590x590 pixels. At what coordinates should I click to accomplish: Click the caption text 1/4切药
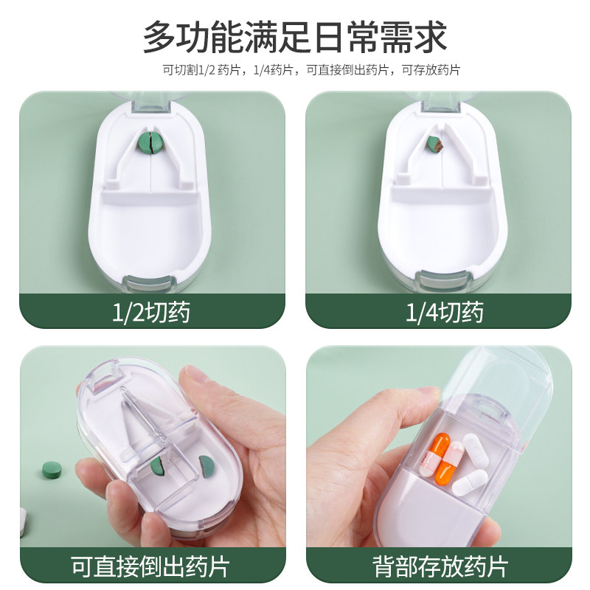coord(438,313)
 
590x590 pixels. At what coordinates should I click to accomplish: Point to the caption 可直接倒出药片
coord(150,566)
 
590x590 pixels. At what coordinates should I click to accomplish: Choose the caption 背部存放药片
coord(438,566)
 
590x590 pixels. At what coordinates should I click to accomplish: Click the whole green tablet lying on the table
coord(52,468)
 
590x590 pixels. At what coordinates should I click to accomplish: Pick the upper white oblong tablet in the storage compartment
coord(462,451)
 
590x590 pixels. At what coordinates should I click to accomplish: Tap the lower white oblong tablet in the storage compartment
coord(469,482)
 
